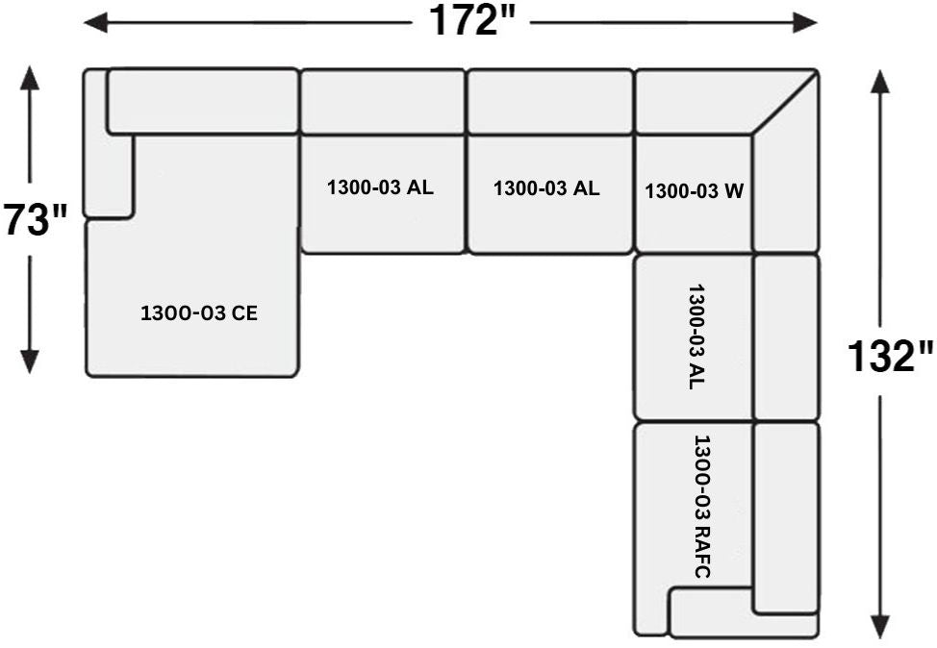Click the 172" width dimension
470,21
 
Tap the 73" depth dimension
36,219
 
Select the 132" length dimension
890,356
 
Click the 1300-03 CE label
199,313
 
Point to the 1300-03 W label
694,191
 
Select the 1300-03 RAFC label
701,507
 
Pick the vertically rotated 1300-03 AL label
696,336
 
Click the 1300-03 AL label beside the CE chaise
380,187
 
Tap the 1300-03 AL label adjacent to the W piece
546,188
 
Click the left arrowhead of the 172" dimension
95,23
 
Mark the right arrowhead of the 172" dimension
805,23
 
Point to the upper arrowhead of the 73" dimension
29,78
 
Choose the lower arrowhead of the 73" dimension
29,361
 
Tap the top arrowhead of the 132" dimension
879,82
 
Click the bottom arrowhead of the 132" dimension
879,627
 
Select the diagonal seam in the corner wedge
785,103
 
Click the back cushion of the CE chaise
203,101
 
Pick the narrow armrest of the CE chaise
108,143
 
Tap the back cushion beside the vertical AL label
786,337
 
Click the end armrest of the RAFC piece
744,612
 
